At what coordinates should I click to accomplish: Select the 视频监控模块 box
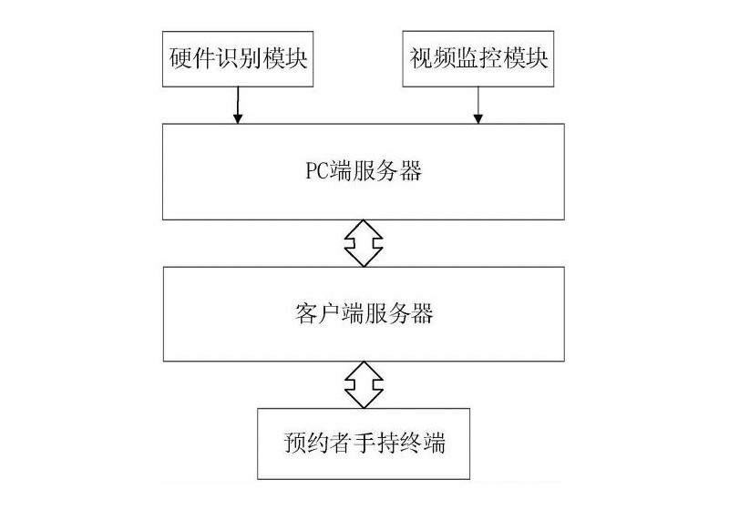coord(479,60)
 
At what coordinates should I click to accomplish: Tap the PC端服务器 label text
coord(363,170)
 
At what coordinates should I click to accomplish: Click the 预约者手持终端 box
coord(364,445)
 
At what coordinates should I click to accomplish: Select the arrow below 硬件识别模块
coord(238,106)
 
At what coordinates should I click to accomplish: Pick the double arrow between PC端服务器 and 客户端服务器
coord(364,241)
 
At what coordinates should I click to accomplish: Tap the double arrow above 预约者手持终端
coord(364,384)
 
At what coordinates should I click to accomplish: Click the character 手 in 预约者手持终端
coord(364,446)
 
